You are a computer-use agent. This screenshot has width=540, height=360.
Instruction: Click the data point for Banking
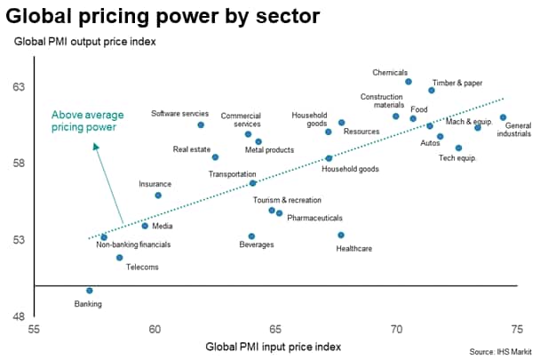point(89,291)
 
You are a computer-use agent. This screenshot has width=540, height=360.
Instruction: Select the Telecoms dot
point(119,258)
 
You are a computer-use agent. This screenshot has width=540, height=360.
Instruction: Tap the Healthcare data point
point(340,236)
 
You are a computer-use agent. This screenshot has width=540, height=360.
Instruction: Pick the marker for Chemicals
point(409,82)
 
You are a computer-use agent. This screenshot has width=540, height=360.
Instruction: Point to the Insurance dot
point(158,196)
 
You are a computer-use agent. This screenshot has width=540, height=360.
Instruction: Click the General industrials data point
point(503,117)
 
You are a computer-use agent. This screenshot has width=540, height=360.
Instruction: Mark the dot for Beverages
point(251,236)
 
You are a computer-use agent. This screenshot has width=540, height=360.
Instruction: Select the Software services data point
point(201,125)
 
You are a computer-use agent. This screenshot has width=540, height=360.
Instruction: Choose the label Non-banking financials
point(133,244)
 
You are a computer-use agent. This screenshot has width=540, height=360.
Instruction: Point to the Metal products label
point(268,150)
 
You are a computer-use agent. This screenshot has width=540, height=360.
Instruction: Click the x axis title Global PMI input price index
point(273,346)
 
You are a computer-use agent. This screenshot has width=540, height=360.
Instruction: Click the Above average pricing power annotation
point(88,121)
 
